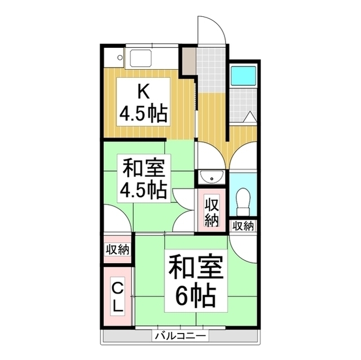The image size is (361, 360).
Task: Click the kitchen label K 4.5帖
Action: tap(142, 103)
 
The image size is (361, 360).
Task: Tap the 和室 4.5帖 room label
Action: tap(143, 179)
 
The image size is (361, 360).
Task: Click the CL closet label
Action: tap(117, 297)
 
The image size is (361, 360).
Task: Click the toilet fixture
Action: tap(244, 200)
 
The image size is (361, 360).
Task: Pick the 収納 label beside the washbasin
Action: tap(212, 211)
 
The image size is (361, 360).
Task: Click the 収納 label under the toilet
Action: tap(243, 226)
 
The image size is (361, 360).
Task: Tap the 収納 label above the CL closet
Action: tap(117, 249)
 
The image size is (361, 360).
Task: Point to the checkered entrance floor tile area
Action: tap(213, 70)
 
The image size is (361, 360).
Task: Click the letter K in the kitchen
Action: tap(142, 90)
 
